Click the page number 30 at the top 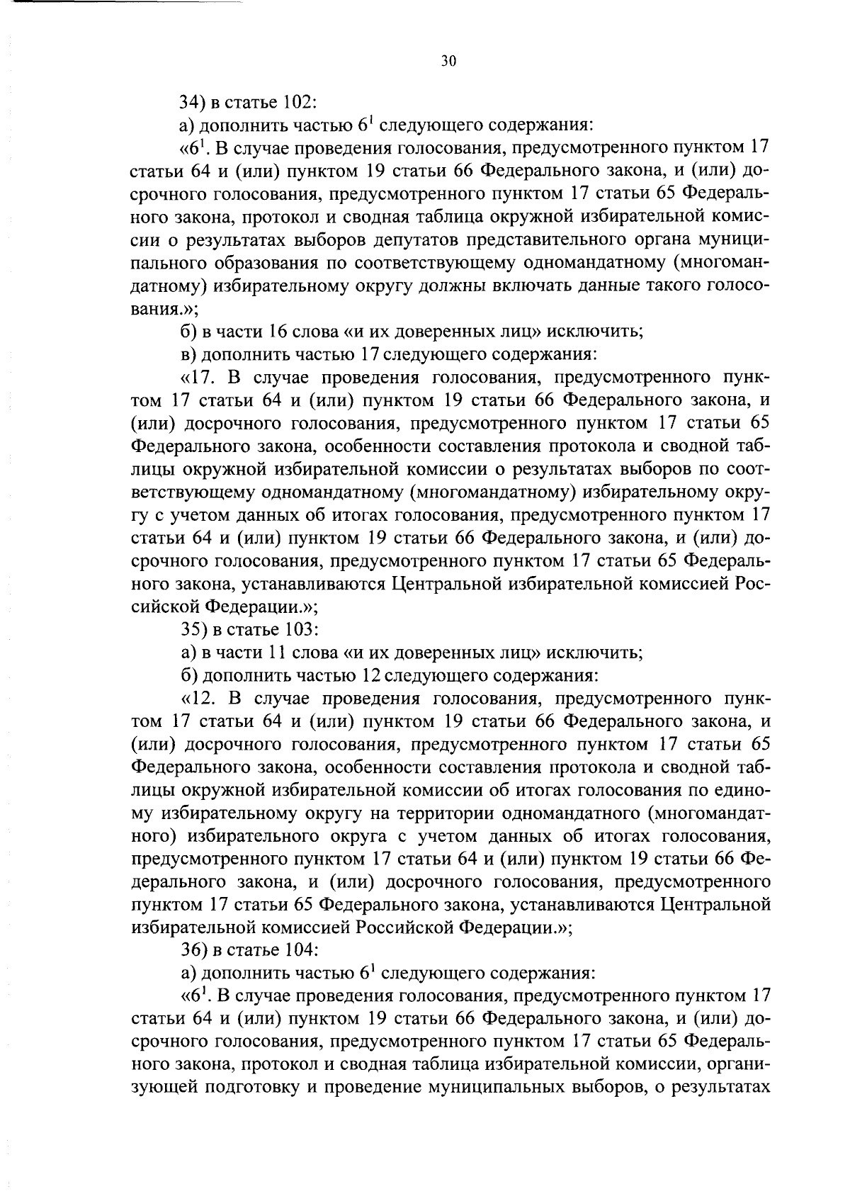coord(448,61)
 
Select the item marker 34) coord(193,102)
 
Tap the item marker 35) coord(194,629)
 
